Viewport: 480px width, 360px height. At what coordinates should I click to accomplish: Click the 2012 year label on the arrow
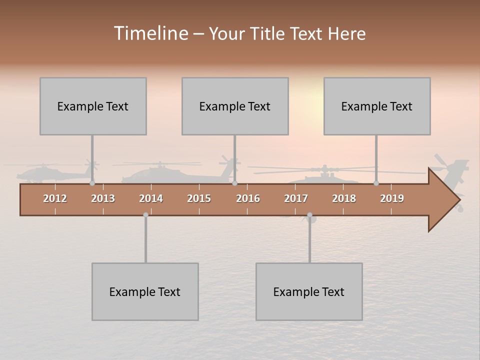(x=55, y=198)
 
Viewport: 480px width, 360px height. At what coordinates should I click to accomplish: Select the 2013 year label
(x=103, y=198)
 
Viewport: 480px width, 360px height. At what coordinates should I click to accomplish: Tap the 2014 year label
(x=151, y=198)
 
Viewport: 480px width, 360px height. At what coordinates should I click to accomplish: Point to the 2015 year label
(x=199, y=198)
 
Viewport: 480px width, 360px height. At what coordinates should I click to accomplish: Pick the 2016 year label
(x=248, y=198)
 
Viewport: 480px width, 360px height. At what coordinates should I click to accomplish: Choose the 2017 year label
(x=296, y=198)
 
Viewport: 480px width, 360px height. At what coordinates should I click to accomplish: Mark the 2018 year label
(x=344, y=198)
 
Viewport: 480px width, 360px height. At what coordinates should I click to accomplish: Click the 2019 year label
(x=392, y=198)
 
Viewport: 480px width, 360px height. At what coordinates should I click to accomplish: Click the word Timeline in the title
(x=150, y=33)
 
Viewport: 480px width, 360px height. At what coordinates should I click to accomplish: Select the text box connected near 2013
(x=93, y=106)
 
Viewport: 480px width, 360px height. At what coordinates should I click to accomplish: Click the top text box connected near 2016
(x=235, y=106)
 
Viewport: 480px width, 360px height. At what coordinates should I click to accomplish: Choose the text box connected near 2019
(x=377, y=106)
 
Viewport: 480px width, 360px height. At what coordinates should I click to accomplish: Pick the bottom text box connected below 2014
(x=145, y=291)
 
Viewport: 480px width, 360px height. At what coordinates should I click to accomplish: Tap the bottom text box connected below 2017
(x=309, y=291)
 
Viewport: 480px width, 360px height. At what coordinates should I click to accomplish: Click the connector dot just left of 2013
(x=92, y=183)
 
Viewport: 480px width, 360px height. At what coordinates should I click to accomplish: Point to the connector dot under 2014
(x=145, y=215)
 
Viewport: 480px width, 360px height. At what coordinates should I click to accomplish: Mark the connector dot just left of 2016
(x=234, y=183)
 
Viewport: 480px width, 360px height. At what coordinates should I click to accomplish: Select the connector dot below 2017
(x=309, y=215)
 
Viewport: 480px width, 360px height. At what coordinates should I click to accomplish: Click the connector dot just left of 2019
(x=376, y=183)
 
